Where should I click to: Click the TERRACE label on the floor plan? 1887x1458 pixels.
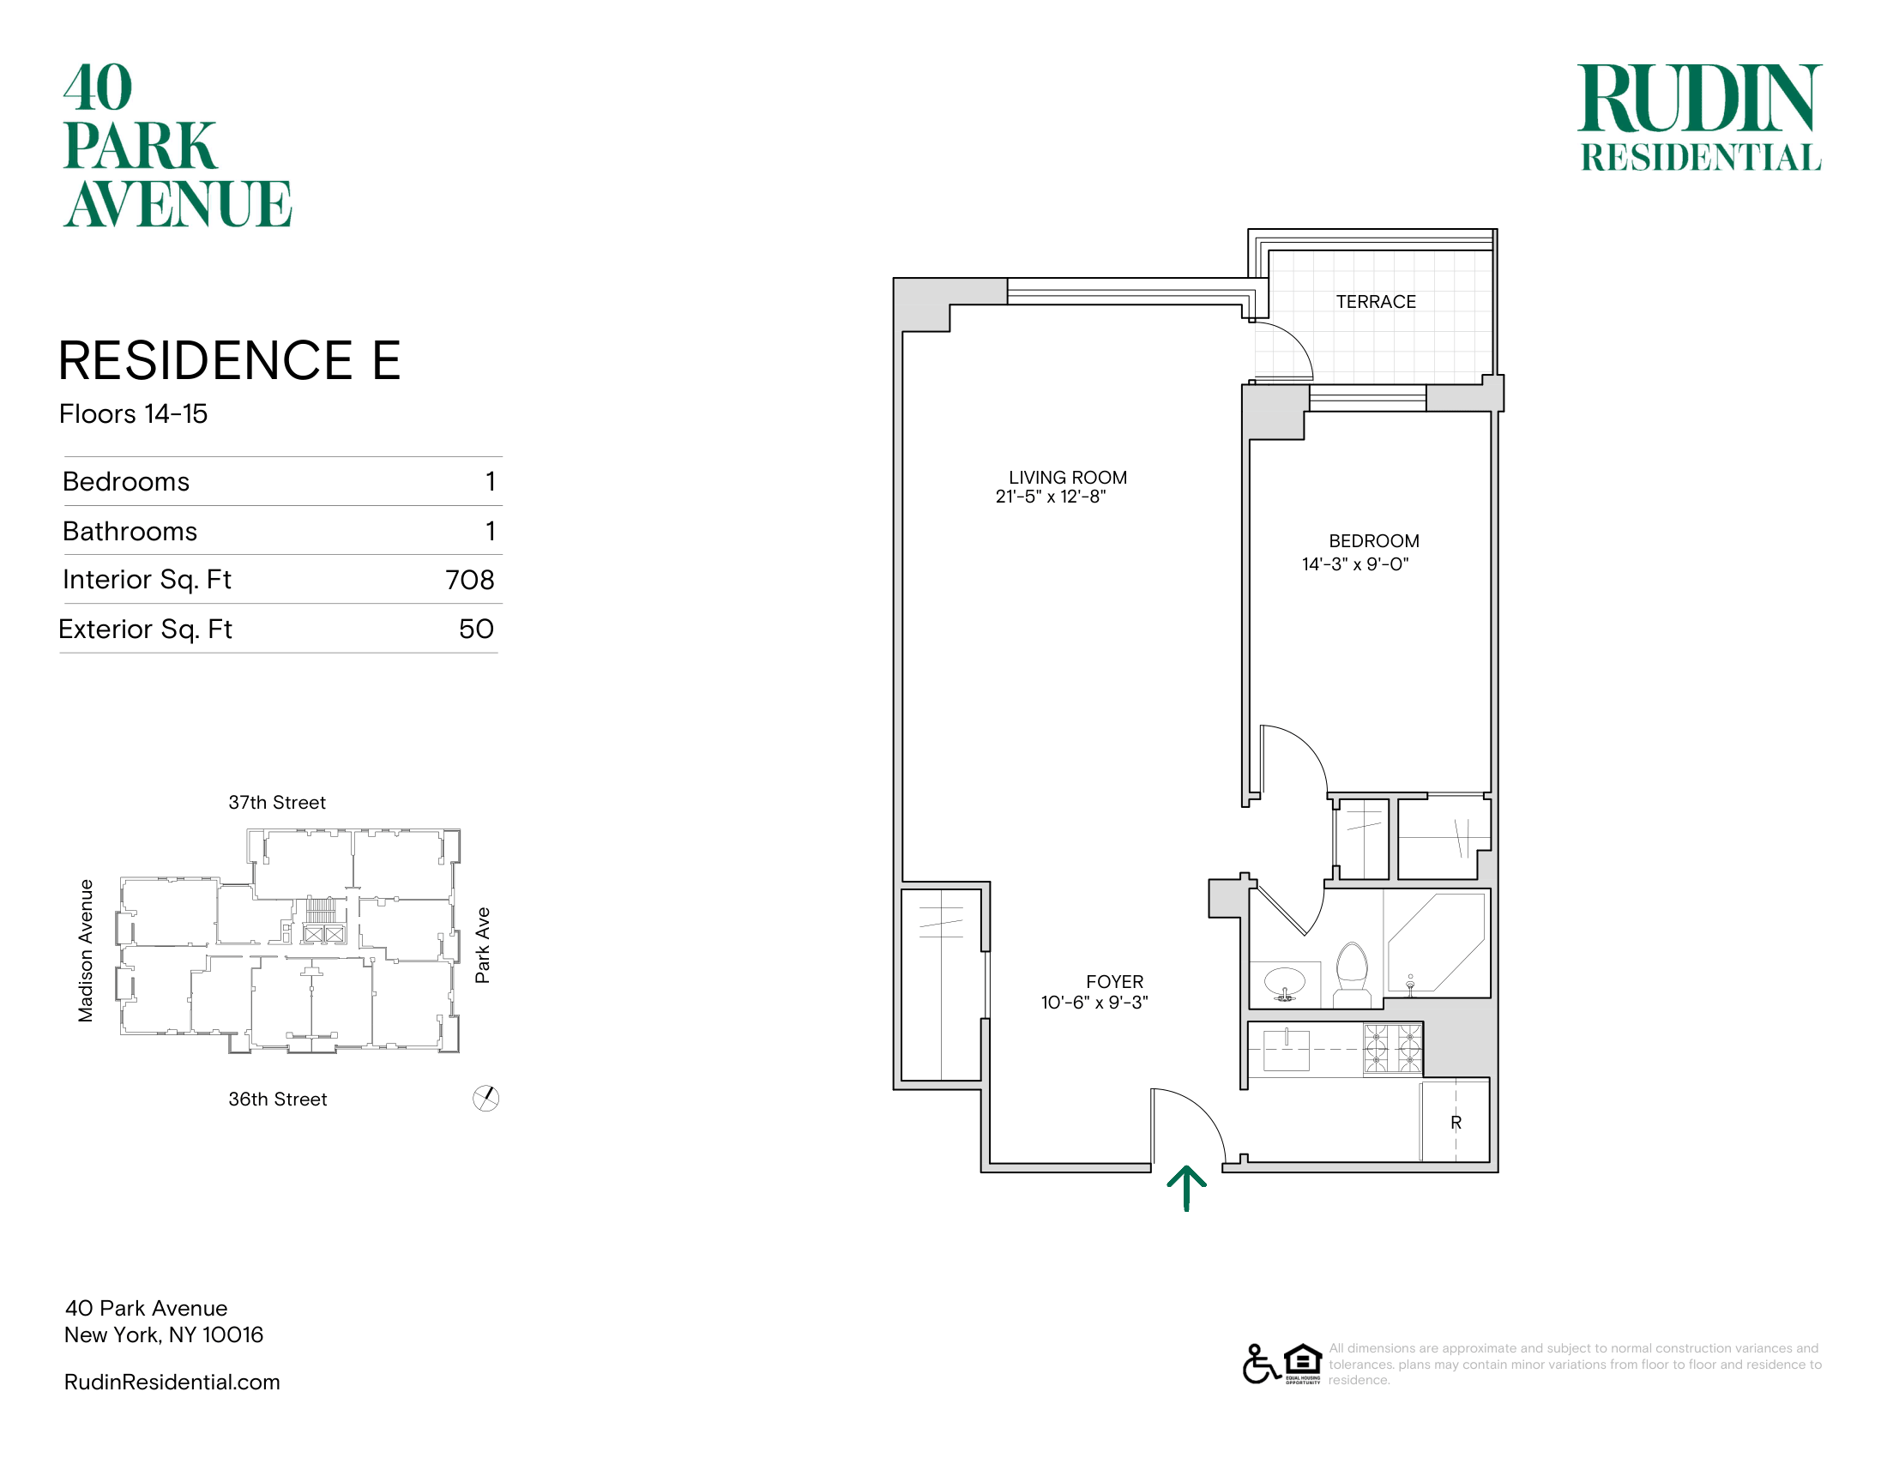pos(1376,301)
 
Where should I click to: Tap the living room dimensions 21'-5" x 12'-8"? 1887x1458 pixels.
pos(1050,497)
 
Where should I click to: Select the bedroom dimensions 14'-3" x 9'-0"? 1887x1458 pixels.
pos(1354,564)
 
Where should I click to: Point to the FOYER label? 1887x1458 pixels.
pos(1114,981)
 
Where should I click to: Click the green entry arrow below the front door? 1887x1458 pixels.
pos(1186,1189)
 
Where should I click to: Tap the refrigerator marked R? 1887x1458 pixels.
pos(1455,1120)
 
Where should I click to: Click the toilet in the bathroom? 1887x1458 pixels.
pos(1352,974)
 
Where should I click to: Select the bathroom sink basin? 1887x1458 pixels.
pos(1285,983)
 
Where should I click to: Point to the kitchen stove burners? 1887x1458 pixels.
pos(1393,1049)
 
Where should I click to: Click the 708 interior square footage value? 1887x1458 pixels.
pos(470,580)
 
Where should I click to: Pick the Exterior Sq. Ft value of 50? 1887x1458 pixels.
pos(476,629)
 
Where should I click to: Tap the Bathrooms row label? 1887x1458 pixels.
pos(130,531)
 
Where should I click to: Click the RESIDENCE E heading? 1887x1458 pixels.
pos(229,360)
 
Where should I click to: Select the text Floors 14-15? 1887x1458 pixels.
pos(133,413)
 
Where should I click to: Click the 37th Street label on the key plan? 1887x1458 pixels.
pos(276,803)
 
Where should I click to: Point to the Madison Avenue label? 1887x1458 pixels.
pos(86,951)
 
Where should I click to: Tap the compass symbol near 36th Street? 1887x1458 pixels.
pos(486,1099)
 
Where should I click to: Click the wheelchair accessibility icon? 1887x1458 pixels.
pos(1261,1364)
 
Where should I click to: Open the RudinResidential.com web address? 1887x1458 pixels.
pos(172,1382)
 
